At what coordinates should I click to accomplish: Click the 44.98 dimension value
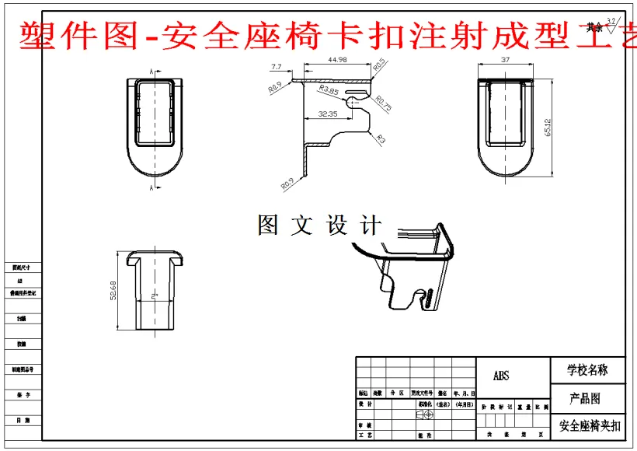337,60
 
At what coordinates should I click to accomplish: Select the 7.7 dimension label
277,67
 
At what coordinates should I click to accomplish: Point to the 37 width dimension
505,60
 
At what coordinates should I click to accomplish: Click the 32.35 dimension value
328,114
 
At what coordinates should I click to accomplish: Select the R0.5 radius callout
378,65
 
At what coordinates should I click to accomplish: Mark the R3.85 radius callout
328,90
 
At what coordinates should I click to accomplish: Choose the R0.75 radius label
384,103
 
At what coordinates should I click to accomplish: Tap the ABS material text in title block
502,376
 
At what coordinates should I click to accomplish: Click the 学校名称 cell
587,370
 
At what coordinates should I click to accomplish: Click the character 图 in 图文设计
267,226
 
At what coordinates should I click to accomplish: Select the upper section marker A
151,72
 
